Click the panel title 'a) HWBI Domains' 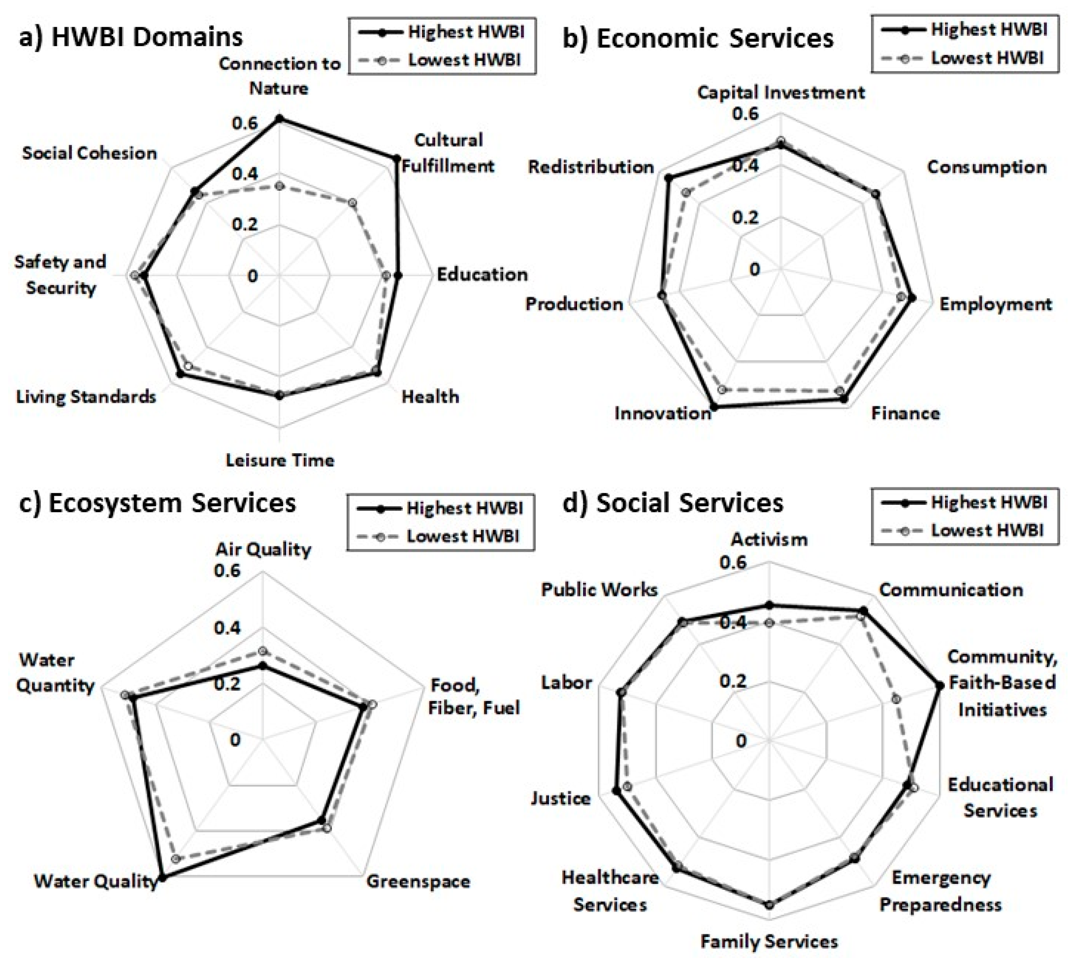pos(130,37)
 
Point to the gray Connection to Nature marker pos(279,186)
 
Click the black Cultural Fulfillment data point pos(396,159)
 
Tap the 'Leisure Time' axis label pos(280,460)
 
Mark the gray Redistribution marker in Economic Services pos(686,193)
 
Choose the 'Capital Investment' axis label pos(780,92)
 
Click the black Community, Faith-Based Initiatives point pos(939,686)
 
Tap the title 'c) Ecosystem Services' pos(157,503)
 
